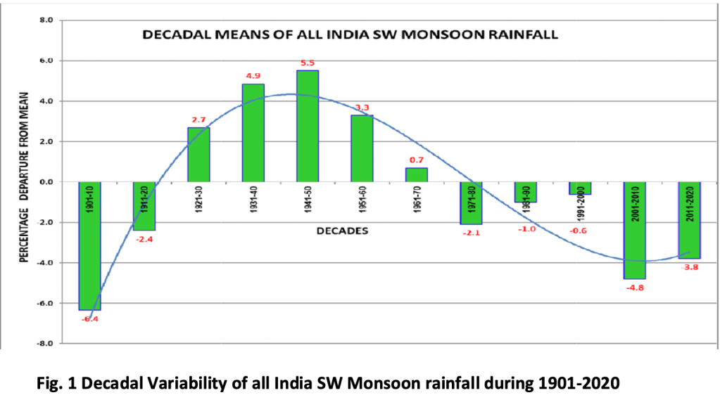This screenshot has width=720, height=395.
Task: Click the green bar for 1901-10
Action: click(x=89, y=253)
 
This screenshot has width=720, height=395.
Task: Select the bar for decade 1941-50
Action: click(x=308, y=127)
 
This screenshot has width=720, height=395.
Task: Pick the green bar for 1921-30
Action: click(x=198, y=155)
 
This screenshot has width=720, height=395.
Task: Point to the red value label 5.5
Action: click(x=308, y=63)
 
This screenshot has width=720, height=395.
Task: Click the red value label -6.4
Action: click(x=89, y=319)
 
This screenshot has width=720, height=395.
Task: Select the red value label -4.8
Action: click(x=635, y=288)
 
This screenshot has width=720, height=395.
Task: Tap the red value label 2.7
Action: click(x=198, y=120)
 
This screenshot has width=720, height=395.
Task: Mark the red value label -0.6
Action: click(x=581, y=230)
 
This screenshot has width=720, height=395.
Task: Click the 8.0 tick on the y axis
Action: click(x=46, y=20)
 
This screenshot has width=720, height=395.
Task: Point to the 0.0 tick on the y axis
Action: click(x=46, y=182)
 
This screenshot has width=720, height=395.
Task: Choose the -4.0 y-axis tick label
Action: click(x=45, y=263)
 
